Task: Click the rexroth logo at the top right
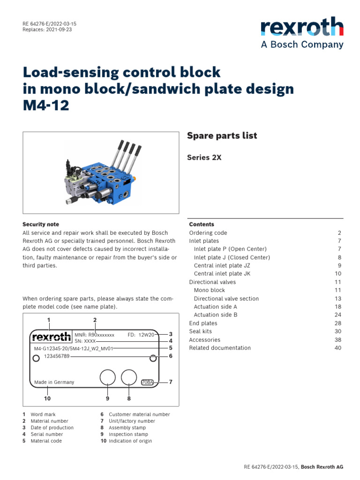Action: coord(302,27)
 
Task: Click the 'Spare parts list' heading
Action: coord(222,136)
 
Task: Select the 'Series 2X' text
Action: coord(204,158)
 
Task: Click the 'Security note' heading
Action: coord(41,225)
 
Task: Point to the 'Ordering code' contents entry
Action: coord(208,233)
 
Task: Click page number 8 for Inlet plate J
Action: coord(340,257)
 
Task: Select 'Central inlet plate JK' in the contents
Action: coord(222,274)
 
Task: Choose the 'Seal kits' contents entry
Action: coord(200,331)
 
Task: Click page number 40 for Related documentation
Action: coord(338,348)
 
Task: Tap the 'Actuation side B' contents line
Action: coord(215,315)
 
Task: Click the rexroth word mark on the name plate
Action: coord(52,337)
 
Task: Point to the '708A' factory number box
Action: coord(147,382)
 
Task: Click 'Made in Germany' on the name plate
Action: coord(54,382)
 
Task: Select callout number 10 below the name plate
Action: coord(47,398)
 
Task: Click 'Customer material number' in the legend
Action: coord(139,414)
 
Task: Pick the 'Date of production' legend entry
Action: coord(52,427)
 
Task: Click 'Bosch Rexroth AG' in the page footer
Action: coord(322,467)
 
